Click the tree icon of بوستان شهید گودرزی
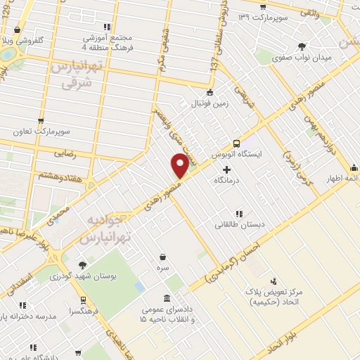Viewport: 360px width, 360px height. point(82,265)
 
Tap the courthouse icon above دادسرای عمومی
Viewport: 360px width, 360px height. point(166,299)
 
